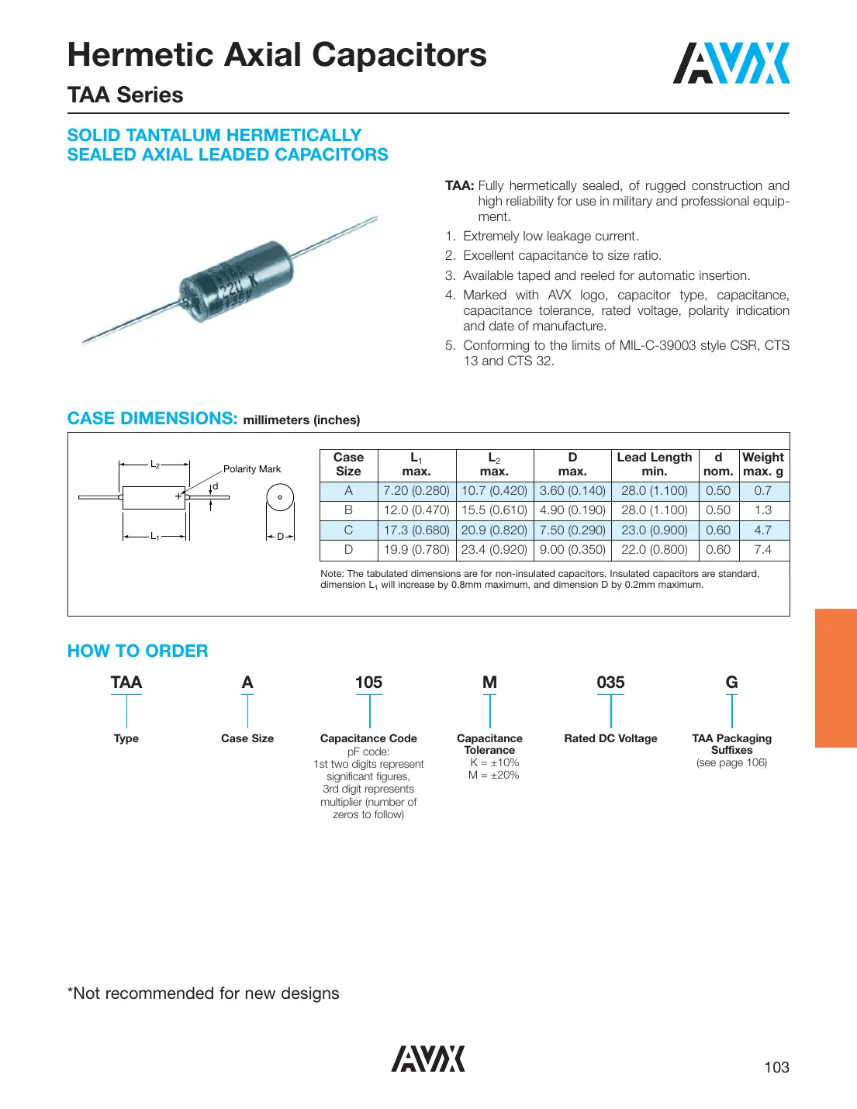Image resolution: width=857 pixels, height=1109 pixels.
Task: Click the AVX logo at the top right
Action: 731,64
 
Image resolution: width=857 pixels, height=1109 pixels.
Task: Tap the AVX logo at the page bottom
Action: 427,1059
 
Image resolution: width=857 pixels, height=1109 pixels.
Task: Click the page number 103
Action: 776,1067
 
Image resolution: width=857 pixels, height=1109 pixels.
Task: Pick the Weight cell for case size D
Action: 762,550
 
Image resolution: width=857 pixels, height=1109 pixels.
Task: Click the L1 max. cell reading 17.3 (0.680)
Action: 416,530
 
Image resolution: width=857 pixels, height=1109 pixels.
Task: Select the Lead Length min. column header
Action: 654,464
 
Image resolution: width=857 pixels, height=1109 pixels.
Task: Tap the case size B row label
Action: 348,510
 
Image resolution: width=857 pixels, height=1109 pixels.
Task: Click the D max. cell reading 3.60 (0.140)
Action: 572,491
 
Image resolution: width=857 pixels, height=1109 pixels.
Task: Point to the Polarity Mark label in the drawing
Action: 252,469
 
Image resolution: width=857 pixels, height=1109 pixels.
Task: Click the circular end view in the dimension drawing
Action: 280,497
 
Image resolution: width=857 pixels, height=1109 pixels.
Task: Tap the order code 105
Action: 368,682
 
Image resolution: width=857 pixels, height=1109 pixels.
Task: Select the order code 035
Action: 610,682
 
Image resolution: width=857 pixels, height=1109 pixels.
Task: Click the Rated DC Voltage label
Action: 610,738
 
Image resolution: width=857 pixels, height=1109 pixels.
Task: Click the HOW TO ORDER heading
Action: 138,651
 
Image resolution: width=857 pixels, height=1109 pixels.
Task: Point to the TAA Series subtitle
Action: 126,95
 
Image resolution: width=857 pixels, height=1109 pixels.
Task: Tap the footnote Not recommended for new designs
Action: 203,993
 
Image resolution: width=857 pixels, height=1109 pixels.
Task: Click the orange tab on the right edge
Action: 835,678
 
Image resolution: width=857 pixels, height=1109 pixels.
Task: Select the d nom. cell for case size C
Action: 717,530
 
